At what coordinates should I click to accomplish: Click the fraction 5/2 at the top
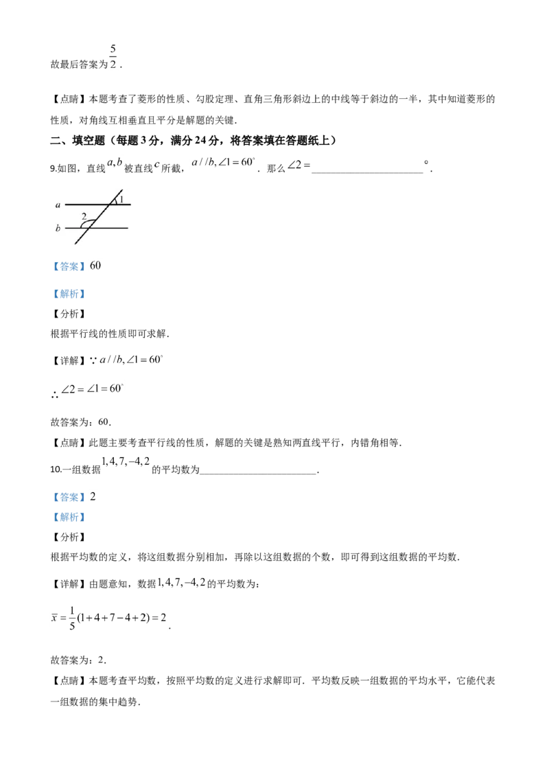(x=113, y=56)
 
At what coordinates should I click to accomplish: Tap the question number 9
(x=53, y=168)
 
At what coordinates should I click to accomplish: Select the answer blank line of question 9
(x=367, y=172)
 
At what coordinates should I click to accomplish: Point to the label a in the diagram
(x=58, y=205)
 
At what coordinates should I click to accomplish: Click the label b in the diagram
(x=58, y=228)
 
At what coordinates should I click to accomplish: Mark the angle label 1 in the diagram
(x=121, y=199)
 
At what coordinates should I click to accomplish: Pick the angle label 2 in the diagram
(x=84, y=216)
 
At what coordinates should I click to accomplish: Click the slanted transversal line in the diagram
(x=99, y=216)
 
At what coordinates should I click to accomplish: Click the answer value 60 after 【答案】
(x=95, y=266)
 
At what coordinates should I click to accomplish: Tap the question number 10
(x=55, y=469)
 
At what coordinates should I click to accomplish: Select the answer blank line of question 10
(x=257, y=474)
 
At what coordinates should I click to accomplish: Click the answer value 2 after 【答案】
(x=93, y=496)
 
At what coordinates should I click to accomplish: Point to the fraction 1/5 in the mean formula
(x=72, y=618)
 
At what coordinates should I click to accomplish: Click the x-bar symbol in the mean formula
(x=54, y=618)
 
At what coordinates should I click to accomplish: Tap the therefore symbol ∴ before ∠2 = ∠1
(x=54, y=395)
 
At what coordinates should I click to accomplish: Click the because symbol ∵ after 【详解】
(x=93, y=361)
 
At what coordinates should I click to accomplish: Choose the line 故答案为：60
(x=81, y=422)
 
